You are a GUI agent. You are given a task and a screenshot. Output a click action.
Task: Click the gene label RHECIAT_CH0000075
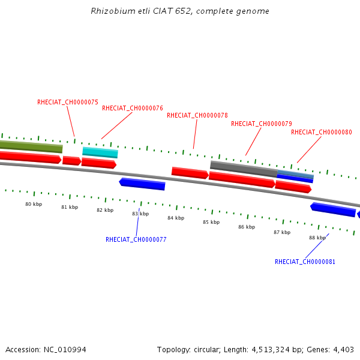pos(68,102)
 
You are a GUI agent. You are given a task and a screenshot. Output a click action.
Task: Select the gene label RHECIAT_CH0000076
pos(133,108)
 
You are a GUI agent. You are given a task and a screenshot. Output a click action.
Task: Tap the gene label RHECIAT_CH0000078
pos(197,115)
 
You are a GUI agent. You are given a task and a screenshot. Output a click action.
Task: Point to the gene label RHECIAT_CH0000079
pos(262,124)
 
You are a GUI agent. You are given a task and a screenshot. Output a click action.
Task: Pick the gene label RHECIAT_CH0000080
pos(322,132)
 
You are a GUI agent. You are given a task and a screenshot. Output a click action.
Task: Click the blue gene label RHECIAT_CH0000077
pos(136,239)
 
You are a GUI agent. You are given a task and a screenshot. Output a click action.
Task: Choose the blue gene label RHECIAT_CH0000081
pos(305,262)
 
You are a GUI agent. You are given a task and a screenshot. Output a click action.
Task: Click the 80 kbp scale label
pos(34,204)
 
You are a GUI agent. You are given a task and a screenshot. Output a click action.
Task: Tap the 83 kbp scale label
pos(140,214)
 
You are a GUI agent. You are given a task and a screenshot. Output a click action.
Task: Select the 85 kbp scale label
pos(211,222)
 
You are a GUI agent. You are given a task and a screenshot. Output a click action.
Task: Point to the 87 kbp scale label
pos(282,232)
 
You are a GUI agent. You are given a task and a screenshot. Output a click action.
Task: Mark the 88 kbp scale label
pos(317,238)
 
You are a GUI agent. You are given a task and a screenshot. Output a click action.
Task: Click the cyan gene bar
pos(100,152)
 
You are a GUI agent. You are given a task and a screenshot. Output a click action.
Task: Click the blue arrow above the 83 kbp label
pos(142,184)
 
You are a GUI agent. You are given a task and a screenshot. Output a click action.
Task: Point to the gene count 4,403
pos(343,349)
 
